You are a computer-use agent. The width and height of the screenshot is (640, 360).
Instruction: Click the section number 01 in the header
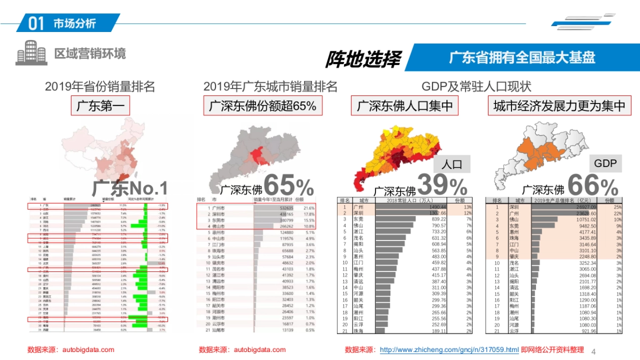[x=35, y=23]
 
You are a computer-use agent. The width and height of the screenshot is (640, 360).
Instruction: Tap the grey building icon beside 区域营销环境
[x=31, y=53]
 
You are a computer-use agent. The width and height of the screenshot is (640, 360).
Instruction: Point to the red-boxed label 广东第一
[x=100, y=106]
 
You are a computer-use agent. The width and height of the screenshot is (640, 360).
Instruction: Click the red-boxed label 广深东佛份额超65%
[x=262, y=106]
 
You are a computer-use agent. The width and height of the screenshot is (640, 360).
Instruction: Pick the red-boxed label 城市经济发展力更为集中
[x=559, y=106]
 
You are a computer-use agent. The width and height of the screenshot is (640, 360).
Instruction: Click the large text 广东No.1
[x=130, y=188]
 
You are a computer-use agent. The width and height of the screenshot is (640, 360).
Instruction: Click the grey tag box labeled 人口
[x=452, y=164]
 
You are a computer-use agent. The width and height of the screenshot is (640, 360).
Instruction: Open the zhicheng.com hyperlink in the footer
[x=449, y=350]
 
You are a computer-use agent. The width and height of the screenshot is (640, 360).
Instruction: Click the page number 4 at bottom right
[x=594, y=351]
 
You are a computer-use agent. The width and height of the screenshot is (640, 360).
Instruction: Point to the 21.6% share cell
[x=309, y=208]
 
